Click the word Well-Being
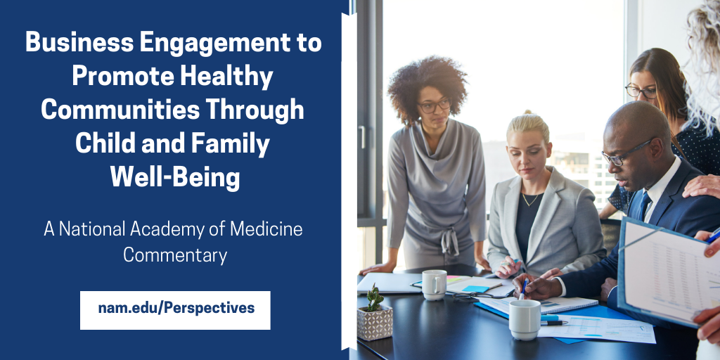(174, 177)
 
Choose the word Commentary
(174, 255)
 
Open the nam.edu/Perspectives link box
(175, 309)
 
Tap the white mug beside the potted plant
(433, 284)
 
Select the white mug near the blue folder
(525, 318)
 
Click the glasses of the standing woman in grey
(434, 105)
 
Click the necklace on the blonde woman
(531, 200)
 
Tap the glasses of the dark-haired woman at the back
(640, 91)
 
